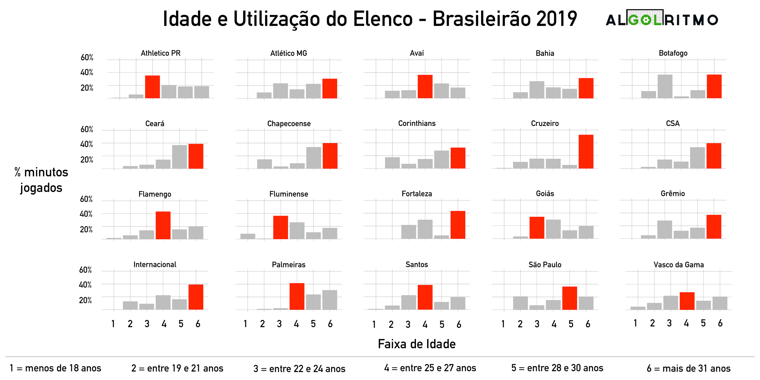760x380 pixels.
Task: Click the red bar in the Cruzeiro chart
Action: tap(586, 152)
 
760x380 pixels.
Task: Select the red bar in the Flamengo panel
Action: tap(163, 225)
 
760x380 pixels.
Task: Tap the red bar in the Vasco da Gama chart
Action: tap(687, 301)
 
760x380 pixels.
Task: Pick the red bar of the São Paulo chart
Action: tap(569, 298)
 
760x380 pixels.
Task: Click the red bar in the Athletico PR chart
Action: tap(152, 87)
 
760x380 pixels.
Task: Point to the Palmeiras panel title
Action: tap(289, 265)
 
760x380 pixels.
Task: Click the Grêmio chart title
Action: tap(673, 194)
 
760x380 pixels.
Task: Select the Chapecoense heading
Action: tap(289, 123)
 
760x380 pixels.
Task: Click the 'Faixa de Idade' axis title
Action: tap(417, 344)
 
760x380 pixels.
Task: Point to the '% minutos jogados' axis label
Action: tap(41, 180)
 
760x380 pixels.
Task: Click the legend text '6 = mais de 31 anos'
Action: tap(688, 368)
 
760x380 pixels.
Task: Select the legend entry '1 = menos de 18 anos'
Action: tap(56, 368)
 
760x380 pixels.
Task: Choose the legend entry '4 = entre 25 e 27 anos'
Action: tap(430, 368)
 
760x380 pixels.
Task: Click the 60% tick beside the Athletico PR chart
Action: tap(87, 57)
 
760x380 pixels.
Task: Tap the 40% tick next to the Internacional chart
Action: tap(85, 285)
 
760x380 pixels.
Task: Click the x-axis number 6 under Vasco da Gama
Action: tap(720, 323)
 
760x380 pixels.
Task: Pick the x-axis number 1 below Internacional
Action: tap(113, 324)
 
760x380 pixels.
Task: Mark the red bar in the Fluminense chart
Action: tap(281, 227)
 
